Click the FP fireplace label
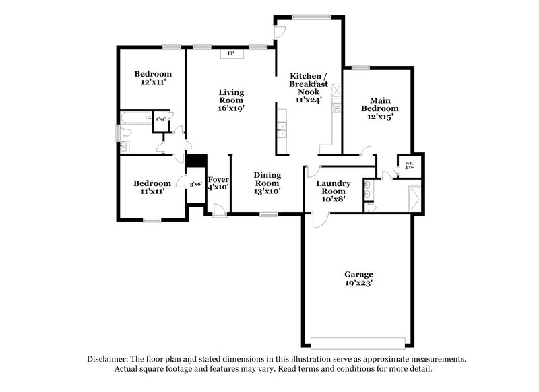tap(230, 53)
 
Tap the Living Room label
tap(230, 100)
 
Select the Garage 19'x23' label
tap(358, 279)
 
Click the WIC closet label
tap(410, 164)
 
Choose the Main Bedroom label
tap(379, 108)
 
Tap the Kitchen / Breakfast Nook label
tap(309, 87)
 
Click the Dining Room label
tap(267, 183)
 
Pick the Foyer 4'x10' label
tap(218, 183)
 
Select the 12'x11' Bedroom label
tap(152, 77)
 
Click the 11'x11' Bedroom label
tap(152, 187)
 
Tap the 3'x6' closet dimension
tap(195, 183)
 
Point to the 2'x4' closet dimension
tap(161, 119)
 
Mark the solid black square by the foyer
tap(195, 162)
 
